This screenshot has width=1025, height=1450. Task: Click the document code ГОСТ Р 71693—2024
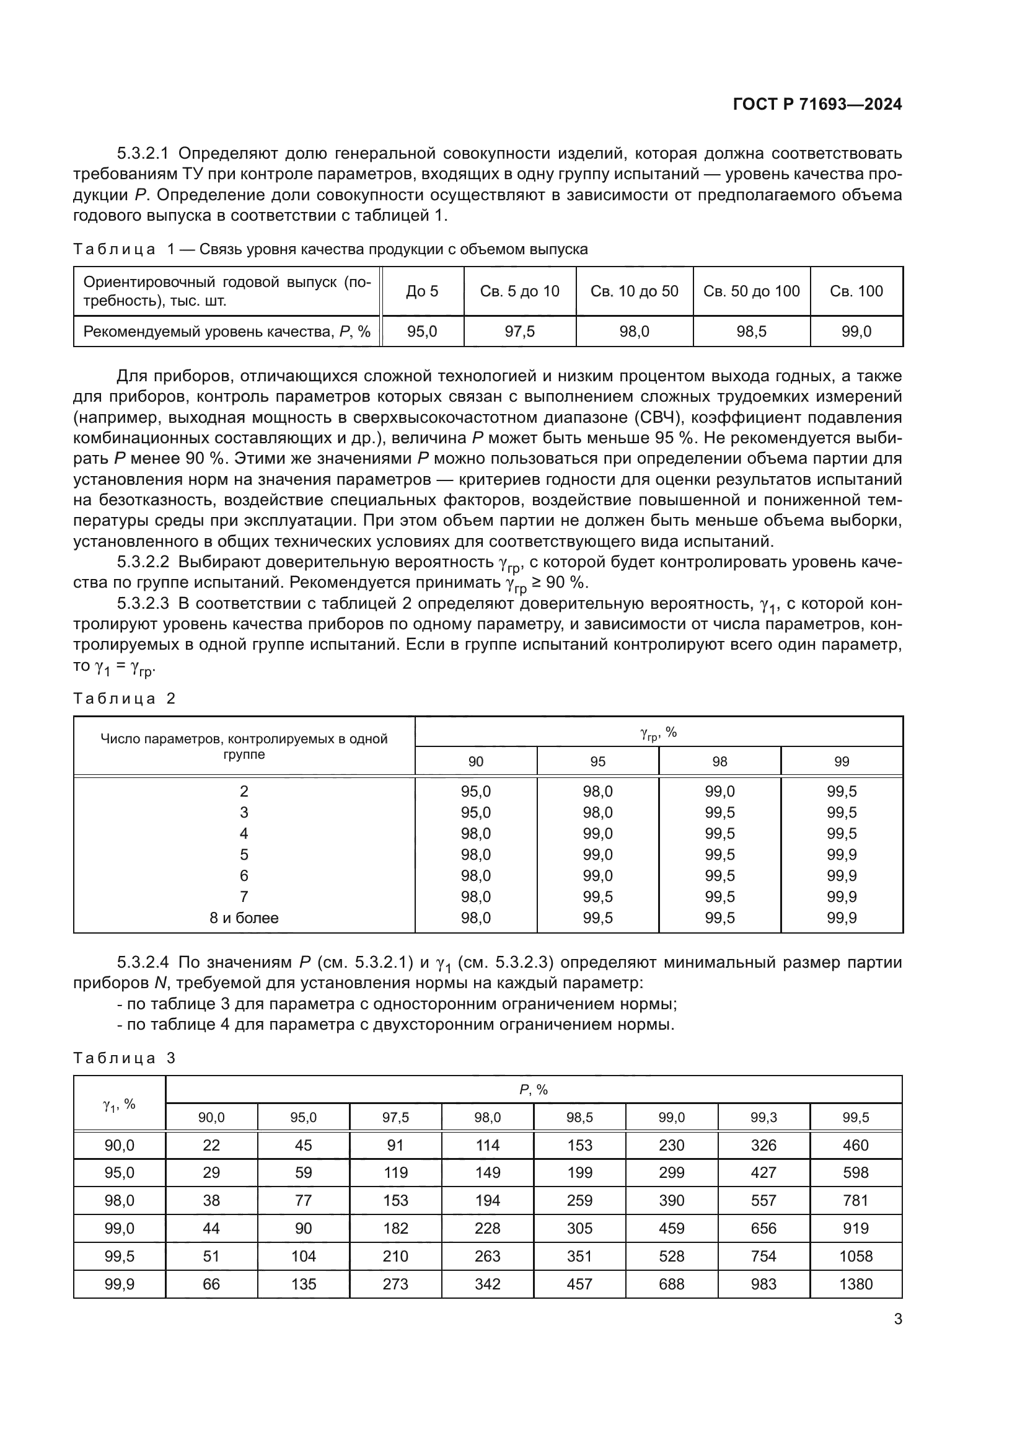[817, 104]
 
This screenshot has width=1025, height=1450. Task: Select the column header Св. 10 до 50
[634, 291]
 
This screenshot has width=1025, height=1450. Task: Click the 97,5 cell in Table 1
[519, 332]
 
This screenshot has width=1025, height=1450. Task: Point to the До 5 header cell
[421, 291]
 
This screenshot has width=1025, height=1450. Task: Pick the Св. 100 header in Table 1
[856, 291]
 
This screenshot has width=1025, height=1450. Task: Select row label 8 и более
[244, 917]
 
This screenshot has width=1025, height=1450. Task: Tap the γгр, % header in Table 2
[658, 733]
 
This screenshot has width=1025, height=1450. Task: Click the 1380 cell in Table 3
[855, 1284]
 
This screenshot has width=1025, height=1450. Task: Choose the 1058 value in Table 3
[855, 1256]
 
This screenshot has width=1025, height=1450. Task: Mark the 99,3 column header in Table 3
[763, 1117]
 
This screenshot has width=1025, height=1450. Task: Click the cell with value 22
[211, 1145]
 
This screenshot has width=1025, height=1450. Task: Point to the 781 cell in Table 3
[855, 1201]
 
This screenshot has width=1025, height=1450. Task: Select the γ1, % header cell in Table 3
[119, 1104]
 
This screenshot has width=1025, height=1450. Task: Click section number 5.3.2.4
[143, 963]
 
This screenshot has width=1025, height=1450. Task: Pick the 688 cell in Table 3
[671, 1284]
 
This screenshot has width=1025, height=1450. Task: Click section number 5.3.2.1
[143, 154]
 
